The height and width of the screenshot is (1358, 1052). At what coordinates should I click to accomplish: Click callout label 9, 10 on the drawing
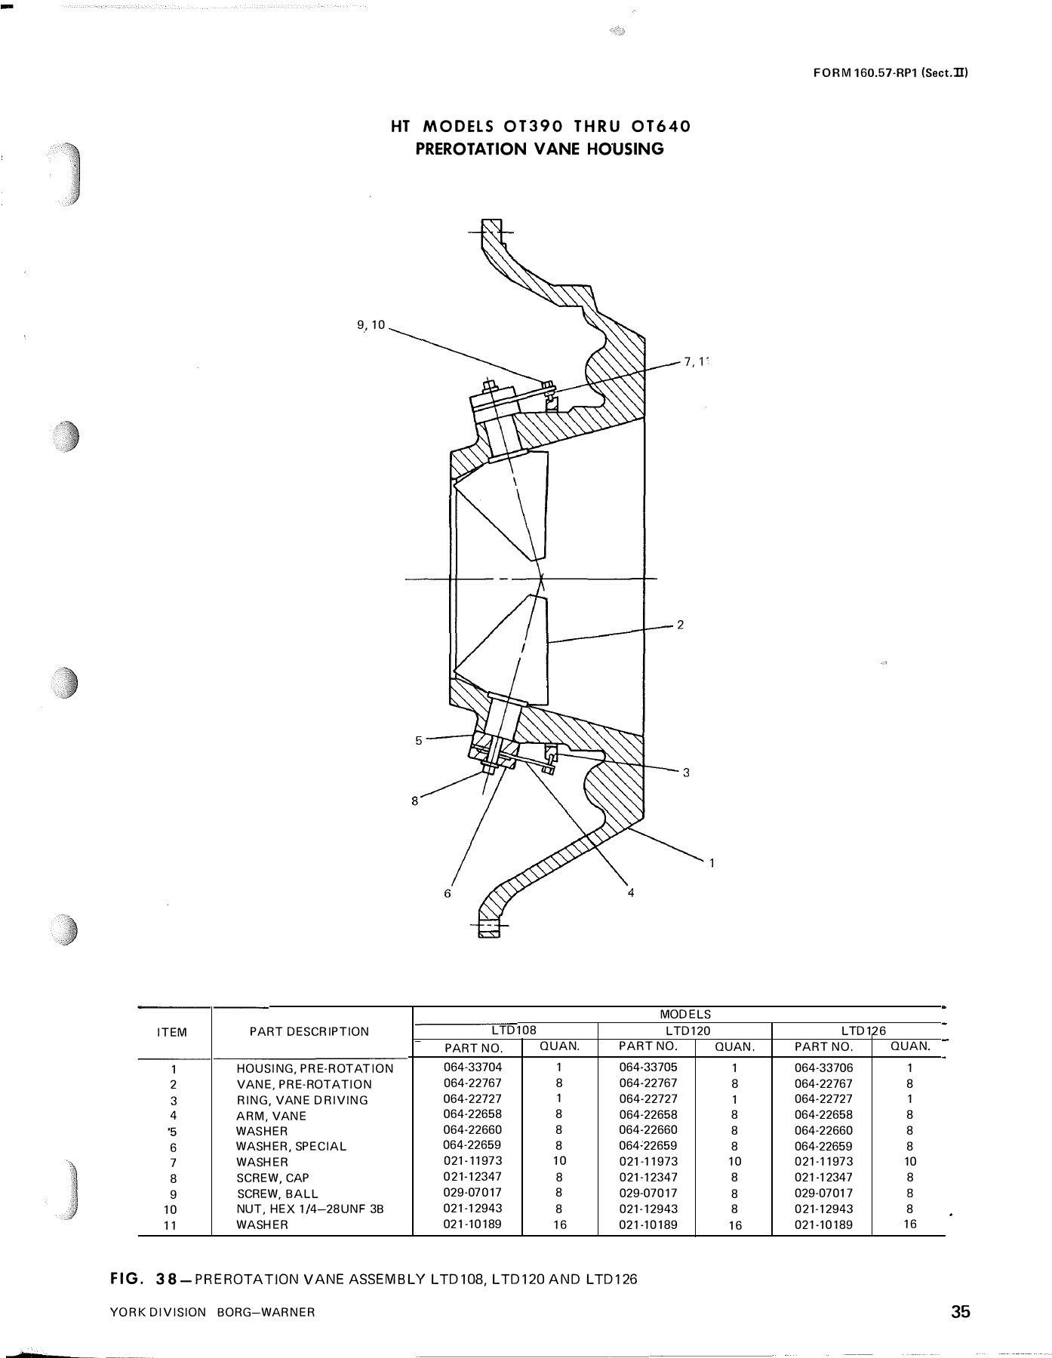click(371, 325)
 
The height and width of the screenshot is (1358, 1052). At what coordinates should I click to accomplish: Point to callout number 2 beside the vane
click(680, 625)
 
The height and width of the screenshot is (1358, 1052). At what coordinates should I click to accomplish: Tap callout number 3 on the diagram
click(686, 773)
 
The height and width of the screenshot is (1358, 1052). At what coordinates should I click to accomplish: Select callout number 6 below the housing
click(448, 893)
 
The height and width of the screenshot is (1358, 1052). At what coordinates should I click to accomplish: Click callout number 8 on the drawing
click(414, 801)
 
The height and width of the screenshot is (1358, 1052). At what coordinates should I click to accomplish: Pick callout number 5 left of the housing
click(419, 740)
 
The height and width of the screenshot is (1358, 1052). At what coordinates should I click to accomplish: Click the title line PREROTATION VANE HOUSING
click(540, 149)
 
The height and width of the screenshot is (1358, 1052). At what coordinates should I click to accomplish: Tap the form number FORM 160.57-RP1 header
click(890, 73)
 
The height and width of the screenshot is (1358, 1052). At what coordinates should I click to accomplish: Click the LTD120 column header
click(687, 1030)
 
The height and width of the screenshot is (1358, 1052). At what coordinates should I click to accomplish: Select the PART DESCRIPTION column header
click(309, 1031)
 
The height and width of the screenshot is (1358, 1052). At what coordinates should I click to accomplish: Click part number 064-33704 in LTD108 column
click(472, 1067)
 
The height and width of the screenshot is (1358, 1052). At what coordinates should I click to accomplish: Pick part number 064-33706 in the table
click(823, 1068)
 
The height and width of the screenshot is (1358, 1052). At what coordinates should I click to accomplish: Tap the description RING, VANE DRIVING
click(302, 1100)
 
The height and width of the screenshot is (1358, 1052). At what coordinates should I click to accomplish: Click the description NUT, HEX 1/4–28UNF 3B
click(310, 1209)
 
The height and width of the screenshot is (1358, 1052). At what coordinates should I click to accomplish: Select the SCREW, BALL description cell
click(277, 1194)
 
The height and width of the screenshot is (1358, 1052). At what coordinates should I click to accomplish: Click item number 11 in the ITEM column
click(171, 1225)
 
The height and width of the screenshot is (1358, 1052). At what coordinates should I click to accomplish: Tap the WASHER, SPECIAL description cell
click(291, 1147)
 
